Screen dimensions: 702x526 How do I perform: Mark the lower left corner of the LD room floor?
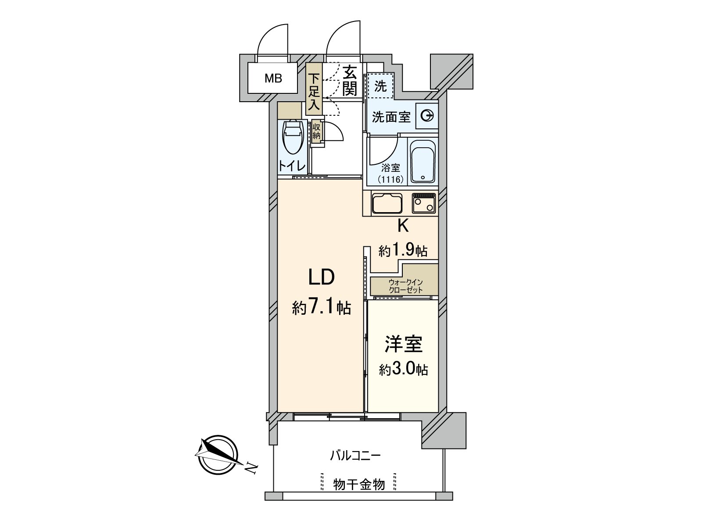(278, 412)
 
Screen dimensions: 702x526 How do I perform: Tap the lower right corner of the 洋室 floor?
(438, 412)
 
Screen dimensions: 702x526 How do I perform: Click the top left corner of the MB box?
(248, 63)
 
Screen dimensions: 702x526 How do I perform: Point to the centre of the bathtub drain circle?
(423, 177)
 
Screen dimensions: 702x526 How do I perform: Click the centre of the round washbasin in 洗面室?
(427, 116)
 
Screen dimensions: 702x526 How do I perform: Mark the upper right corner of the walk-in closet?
(438, 264)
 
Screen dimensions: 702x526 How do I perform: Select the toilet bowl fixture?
(293, 137)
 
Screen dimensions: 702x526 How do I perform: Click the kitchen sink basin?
(387, 203)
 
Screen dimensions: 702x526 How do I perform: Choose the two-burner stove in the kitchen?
(424, 203)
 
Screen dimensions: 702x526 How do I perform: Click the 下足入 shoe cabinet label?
(314, 91)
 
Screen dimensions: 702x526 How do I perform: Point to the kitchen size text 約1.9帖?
(403, 250)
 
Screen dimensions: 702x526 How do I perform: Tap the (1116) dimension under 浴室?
(390, 179)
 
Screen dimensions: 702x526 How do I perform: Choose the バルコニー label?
(355, 455)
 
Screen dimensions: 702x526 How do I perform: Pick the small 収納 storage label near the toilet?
(316, 131)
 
